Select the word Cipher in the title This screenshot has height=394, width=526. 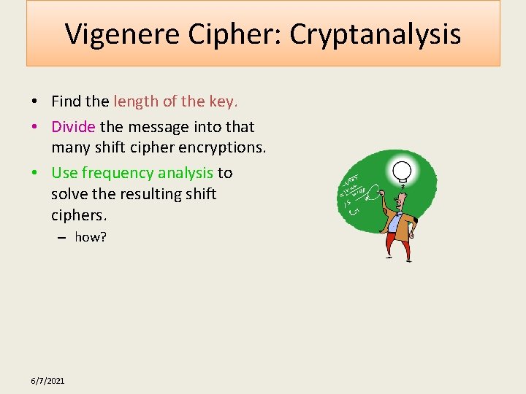(x=236, y=34)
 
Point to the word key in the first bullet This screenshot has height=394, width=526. (x=222, y=101)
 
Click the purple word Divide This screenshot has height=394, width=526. (x=73, y=127)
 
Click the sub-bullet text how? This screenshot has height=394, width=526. (x=91, y=237)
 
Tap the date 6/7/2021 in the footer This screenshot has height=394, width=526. (x=47, y=381)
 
